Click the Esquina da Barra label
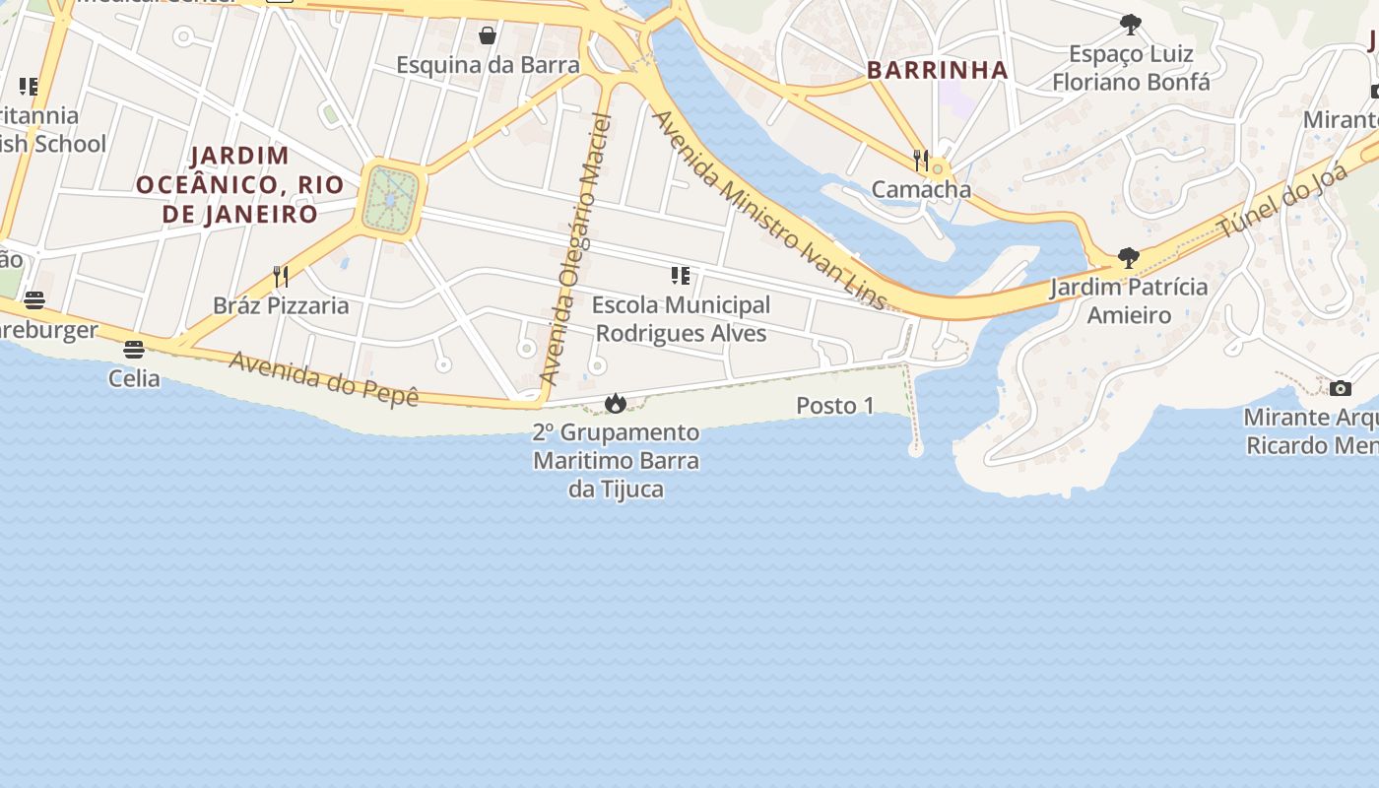click(488, 65)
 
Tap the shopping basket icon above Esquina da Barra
click(488, 36)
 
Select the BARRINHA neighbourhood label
click(937, 70)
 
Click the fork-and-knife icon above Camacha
click(921, 160)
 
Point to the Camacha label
click(921, 189)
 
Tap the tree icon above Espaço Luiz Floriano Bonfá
click(1131, 25)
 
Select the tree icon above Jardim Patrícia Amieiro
click(1129, 259)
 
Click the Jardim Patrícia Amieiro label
click(1129, 301)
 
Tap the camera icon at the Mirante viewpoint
click(1341, 388)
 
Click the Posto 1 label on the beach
click(835, 406)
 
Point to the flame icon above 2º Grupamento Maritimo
click(616, 403)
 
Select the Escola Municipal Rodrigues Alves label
click(681, 319)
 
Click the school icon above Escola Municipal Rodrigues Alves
click(680, 276)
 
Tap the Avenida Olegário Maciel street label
click(577, 250)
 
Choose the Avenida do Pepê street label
click(324, 378)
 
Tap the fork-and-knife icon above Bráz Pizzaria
click(281, 276)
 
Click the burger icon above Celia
click(134, 349)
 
